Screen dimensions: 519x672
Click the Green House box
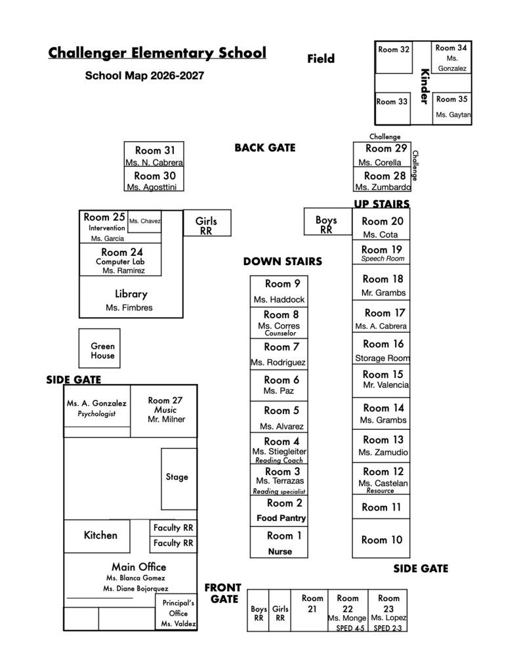point(100,348)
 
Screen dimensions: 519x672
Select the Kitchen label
point(100,535)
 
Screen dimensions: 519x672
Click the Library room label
point(131,294)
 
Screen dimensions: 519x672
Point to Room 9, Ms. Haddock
point(279,291)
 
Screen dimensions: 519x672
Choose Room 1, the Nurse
point(279,542)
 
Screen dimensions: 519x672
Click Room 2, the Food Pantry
point(279,511)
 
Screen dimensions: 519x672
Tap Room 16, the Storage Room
point(381,349)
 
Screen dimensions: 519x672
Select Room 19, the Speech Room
point(381,252)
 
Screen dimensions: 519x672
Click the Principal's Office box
point(176,612)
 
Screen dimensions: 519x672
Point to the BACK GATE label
point(265,148)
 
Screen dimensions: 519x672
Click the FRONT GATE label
point(223,593)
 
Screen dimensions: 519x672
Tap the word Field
point(321,58)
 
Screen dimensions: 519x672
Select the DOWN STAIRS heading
point(282,261)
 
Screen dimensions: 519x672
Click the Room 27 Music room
point(164,411)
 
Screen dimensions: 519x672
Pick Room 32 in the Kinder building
point(394,58)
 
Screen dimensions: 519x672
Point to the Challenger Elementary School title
point(157,52)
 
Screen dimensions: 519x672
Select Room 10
point(381,538)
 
